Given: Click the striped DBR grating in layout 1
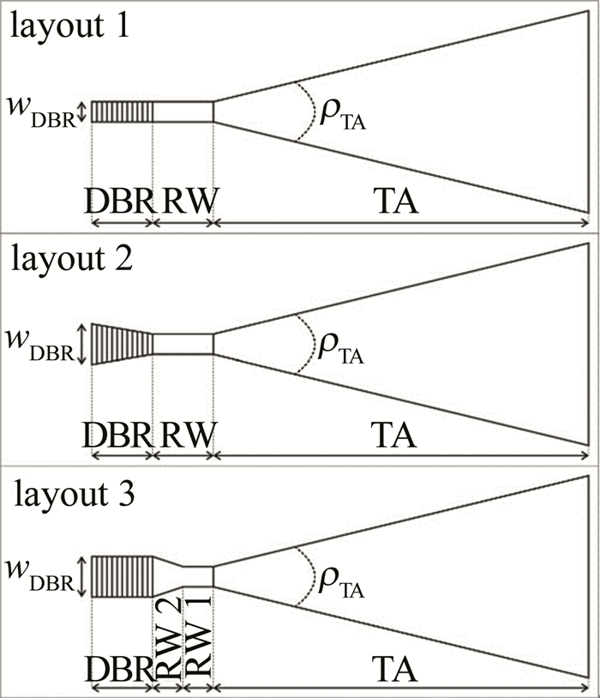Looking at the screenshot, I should [122, 111].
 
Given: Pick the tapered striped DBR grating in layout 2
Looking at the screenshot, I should [122, 344].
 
